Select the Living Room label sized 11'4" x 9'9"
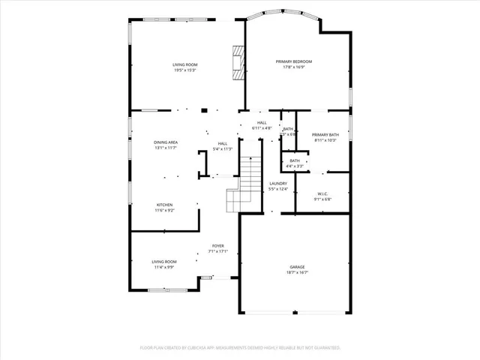tap(164, 262)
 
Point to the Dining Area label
tap(166, 142)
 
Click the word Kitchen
tap(164, 205)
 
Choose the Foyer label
tap(217, 246)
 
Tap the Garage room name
tap(297, 267)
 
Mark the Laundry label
tap(277, 183)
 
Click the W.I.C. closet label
tap(322, 193)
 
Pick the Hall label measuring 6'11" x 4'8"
tap(262, 123)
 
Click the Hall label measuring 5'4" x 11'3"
tap(223, 143)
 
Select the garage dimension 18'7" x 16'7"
tap(297, 273)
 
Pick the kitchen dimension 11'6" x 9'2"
tap(164, 211)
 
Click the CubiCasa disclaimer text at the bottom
tap(240, 348)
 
